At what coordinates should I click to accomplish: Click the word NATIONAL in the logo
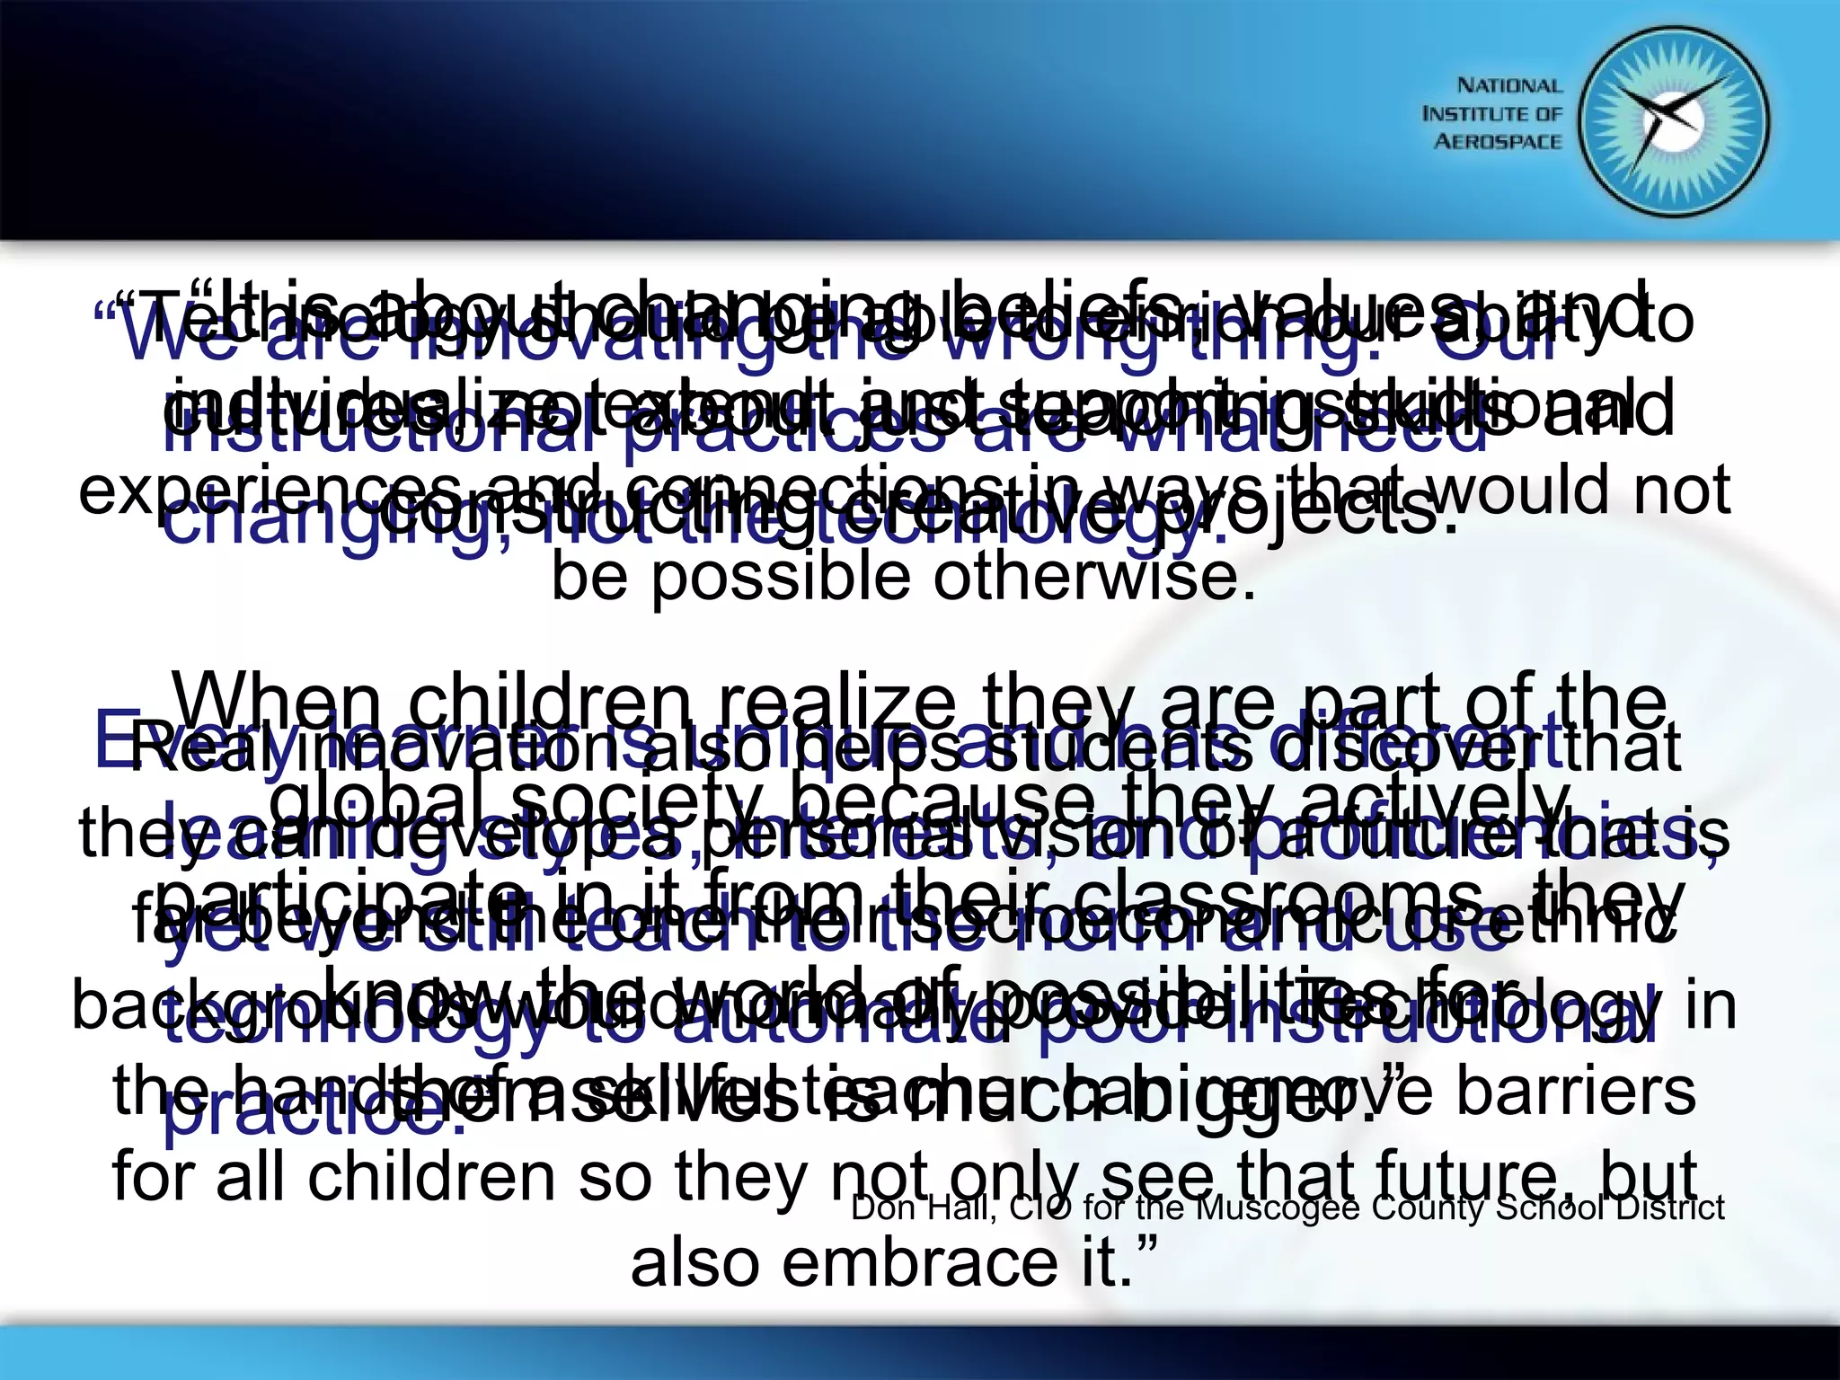pyautogui.click(x=1509, y=86)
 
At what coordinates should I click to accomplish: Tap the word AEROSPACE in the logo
pyautogui.click(x=1498, y=142)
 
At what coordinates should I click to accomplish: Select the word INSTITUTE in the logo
pyautogui.click(x=1468, y=114)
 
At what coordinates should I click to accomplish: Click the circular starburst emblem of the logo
pyautogui.click(x=1674, y=123)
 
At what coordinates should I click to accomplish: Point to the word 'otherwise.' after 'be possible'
pyautogui.click(x=1093, y=576)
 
